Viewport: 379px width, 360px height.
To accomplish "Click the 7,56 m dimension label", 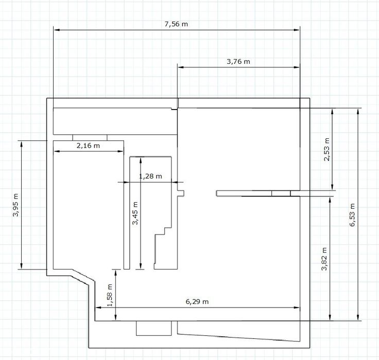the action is pos(176,24).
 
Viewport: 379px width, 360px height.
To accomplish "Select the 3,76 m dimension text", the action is pos(238,62).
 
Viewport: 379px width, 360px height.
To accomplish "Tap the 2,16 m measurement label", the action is pos(88,146).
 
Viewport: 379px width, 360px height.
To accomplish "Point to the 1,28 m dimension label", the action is pos(150,176).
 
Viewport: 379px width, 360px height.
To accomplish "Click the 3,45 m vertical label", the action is pos(135,213).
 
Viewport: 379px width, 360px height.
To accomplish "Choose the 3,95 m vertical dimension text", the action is pos(16,205).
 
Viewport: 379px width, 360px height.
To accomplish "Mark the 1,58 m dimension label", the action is pos(110,295).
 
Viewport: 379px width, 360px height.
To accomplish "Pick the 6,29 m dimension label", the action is pos(197,301).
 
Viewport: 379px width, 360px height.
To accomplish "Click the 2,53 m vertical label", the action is pos(326,150).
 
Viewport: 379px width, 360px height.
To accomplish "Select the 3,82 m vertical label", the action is pos(324,259).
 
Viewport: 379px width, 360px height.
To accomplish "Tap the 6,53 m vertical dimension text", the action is pos(352,214).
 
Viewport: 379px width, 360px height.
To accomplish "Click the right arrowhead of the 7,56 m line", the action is pos(297,30).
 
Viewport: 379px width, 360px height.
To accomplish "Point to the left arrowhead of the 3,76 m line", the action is pos(180,67).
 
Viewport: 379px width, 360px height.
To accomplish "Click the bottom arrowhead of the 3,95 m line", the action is pos(22,266).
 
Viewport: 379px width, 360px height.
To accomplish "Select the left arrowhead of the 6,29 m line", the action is pos(98,308).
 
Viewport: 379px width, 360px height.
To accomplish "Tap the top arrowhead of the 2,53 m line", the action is pos(332,111).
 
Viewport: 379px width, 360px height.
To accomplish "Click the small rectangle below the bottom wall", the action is pos(154,328).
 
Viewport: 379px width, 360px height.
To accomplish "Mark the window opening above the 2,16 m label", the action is pos(90,137).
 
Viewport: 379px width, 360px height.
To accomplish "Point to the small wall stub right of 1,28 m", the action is pos(181,193).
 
